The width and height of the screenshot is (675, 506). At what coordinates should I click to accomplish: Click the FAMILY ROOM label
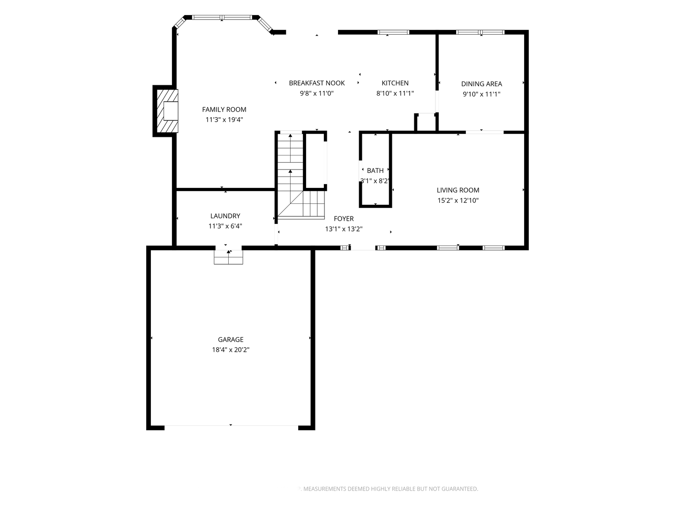point(224,109)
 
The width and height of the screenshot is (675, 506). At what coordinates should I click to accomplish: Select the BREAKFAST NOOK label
point(317,83)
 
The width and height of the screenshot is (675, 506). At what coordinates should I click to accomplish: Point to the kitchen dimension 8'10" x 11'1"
point(395,93)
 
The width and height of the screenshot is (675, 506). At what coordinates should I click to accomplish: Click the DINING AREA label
point(481,84)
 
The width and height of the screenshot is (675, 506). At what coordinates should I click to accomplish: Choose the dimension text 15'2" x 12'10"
point(458,201)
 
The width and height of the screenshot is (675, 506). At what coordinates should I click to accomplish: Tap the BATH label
point(375,171)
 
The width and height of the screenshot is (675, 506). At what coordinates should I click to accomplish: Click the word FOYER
point(344,219)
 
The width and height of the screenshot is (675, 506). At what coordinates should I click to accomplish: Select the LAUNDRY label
point(225,216)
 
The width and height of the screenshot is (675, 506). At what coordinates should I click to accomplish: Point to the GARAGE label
point(231,340)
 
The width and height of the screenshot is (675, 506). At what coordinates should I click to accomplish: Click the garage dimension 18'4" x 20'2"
point(231,350)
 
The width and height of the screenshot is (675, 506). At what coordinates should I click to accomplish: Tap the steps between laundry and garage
point(228,257)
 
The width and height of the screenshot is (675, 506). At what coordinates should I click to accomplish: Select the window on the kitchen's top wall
point(393,32)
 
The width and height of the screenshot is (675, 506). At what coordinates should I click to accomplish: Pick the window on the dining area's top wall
point(480,32)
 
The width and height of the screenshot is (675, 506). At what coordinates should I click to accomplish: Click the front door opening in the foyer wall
point(363,248)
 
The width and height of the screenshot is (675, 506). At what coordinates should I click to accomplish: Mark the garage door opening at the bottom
point(231,425)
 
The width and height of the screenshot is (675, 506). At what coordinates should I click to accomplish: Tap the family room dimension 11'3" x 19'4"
point(224,119)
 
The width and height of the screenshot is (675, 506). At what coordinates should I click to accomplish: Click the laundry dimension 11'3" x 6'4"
point(225,226)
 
